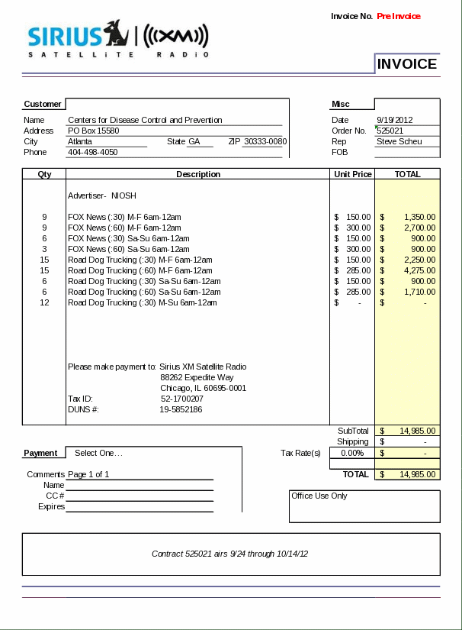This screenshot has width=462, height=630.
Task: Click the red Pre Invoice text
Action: (399, 16)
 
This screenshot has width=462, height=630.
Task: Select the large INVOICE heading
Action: (407, 64)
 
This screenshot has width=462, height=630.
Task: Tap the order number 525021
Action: (390, 131)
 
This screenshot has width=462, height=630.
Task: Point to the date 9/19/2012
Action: (394, 120)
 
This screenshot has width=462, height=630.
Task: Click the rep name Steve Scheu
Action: (398, 141)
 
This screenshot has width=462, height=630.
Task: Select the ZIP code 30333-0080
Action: (265, 141)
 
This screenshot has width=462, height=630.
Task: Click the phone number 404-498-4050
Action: (93, 152)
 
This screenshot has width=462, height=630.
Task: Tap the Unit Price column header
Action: (353, 174)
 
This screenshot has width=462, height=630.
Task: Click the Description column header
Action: (198, 174)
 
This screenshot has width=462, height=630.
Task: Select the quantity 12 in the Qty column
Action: (44, 302)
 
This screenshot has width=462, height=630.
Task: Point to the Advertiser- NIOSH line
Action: (102, 195)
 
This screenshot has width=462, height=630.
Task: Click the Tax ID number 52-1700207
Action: (182, 399)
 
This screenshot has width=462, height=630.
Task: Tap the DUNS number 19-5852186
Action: (181, 409)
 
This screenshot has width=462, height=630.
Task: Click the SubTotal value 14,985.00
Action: (417, 431)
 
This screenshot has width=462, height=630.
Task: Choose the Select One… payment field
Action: (98, 453)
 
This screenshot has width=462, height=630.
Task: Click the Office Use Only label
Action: (319, 496)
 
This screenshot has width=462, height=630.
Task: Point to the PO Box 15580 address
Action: (94, 131)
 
